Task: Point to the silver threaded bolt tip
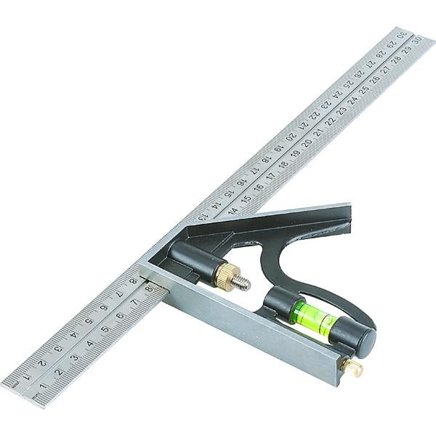pyautogui.click(x=242, y=283)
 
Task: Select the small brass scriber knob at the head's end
pyautogui.click(x=353, y=367)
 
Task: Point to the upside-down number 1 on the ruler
pyautogui.click(x=27, y=376)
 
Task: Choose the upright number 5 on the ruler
pyautogui.click(x=105, y=334)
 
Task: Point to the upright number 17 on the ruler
pyautogui.click(x=271, y=175)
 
